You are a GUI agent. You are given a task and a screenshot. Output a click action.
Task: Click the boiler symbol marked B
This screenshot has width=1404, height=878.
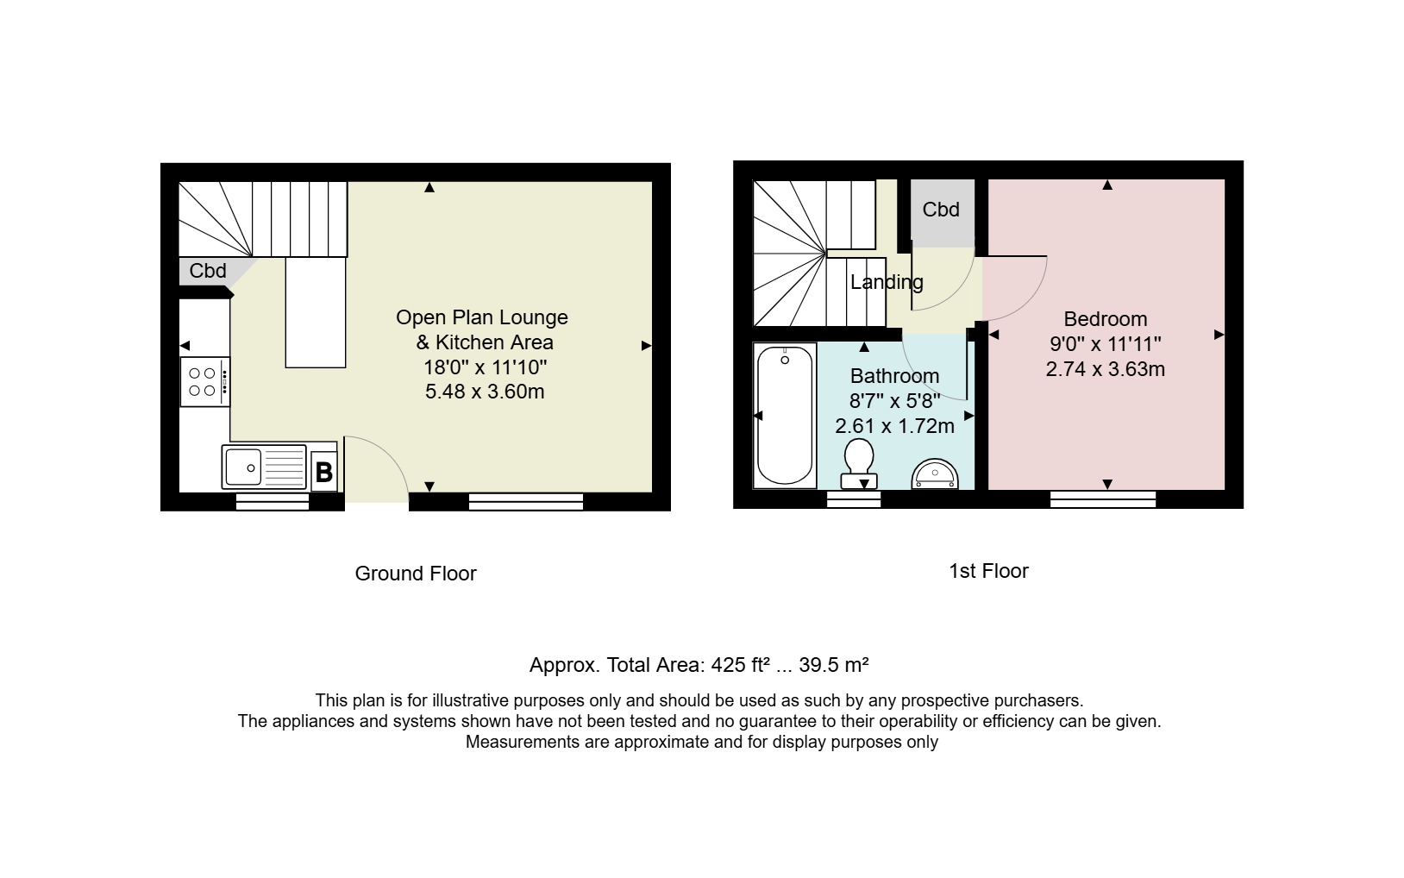pos(324,471)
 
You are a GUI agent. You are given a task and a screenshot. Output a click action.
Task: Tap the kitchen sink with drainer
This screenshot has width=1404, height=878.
pos(264,467)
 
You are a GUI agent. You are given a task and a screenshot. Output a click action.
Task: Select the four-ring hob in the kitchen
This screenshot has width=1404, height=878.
pos(205,382)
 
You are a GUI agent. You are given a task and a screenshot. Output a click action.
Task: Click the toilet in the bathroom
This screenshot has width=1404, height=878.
pos(859,463)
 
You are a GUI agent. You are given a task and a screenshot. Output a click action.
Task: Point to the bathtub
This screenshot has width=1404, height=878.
pos(785,416)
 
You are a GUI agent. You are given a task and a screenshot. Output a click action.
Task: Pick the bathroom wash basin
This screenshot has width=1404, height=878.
pos(935,473)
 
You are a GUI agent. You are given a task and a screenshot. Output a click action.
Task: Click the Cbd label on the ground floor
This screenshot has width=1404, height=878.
pos(208,271)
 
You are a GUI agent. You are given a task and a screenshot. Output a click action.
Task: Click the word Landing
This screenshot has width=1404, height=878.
pos(887,282)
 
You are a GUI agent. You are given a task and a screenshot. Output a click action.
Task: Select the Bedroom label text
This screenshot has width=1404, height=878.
pos(1106,319)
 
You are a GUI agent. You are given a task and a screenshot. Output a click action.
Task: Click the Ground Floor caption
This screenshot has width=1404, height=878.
pos(416,574)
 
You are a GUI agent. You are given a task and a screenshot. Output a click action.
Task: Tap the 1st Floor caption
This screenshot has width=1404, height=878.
pos(988,571)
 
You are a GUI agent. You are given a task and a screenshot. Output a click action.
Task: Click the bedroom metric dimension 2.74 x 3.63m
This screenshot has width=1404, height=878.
pos(1105,369)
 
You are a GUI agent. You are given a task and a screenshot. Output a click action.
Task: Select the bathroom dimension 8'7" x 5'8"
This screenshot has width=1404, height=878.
pos(894,401)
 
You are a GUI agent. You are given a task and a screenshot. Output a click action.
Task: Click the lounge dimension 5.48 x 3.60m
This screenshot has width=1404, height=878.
pos(485,392)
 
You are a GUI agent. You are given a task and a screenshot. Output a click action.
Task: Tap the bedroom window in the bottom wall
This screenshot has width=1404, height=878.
pos(1103,499)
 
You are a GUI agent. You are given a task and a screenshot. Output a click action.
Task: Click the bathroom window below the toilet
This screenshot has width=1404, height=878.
pos(854,499)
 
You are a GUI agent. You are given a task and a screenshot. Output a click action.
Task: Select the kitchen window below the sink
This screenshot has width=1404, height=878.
pos(273,502)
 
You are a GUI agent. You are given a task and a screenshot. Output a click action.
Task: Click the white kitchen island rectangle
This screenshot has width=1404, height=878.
pos(316,312)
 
